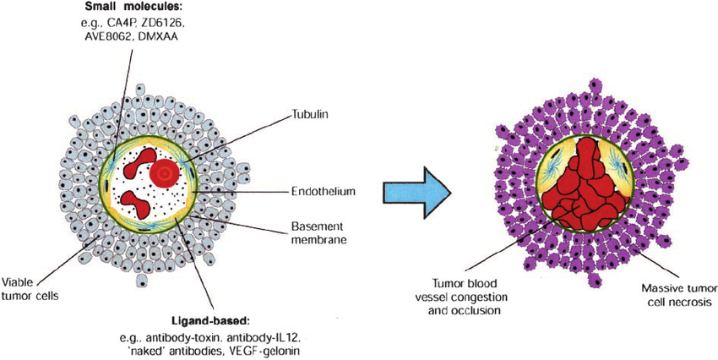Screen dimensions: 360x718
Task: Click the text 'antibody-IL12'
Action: (x=253, y=337)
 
